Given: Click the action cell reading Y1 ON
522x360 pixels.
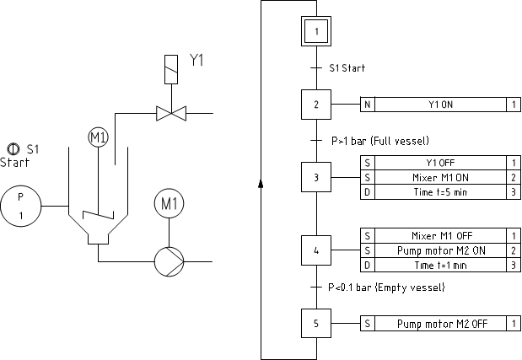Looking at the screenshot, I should (441, 105).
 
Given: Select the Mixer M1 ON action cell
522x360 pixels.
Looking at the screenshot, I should (439, 178).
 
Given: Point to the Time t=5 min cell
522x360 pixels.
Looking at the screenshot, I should (439, 193).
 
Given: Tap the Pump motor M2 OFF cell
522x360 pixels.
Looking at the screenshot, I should (439, 324).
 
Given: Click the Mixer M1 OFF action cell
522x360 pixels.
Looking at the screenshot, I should (439, 236).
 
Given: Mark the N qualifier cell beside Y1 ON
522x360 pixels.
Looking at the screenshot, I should (368, 105).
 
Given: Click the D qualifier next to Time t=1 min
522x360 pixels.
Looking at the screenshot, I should (367, 266).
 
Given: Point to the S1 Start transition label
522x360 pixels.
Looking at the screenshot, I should (347, 67).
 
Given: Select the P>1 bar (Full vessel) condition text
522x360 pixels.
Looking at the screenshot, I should (379, 141).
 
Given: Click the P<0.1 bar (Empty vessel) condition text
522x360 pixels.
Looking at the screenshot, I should (386, 287).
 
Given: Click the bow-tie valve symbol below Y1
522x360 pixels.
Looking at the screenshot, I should (170, 112).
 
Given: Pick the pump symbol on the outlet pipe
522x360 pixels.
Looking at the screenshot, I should (168, 261).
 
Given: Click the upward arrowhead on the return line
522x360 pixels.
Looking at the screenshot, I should (261, 182).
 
